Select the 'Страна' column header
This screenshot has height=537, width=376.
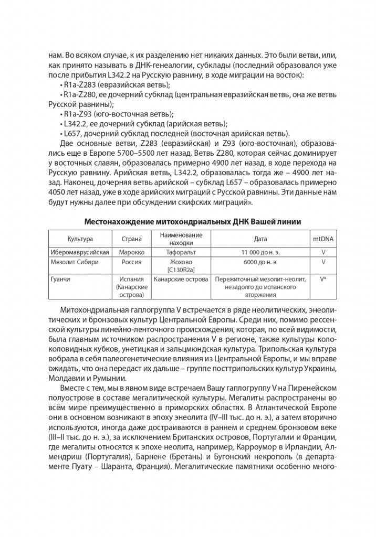tap(131, 239)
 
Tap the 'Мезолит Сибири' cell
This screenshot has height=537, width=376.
tap(74, 261)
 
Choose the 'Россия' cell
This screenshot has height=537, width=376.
tap(131, 261)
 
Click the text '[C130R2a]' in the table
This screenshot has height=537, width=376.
tap(180, 269)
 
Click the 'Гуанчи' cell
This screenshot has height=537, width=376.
tap(61, 280)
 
